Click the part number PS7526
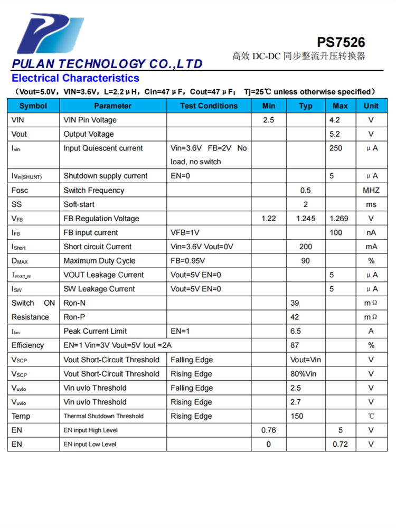coord(341,42)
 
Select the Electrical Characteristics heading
coord(76,79)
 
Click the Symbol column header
coord(33,106)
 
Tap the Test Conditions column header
coord(209,106)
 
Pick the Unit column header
coord(371,106)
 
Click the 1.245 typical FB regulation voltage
coord(306,219)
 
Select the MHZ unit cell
coord(371,190)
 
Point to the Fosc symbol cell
coord(20,190)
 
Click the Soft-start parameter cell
coord(79,204)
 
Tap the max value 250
coord(336,148)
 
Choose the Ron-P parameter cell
coord(74,317)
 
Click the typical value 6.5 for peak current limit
coord(296,331)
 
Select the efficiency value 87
coord(295,345)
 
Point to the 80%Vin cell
coord(304,374)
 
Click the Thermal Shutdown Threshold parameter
coord(103,416)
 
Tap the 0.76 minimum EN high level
coord(269,430)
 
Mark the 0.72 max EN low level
coord(341,444)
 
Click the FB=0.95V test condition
coord(188,261)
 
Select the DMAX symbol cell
coord(22,261)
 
